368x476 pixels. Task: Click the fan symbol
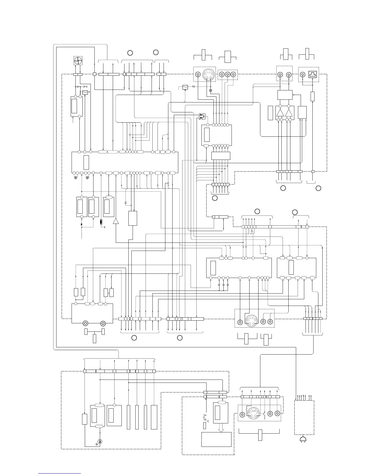78,61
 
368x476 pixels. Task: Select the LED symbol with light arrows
100,441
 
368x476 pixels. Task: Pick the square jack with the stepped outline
314,75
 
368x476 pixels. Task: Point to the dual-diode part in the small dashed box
201,116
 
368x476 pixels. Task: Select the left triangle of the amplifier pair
280,113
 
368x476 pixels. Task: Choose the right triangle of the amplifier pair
289,113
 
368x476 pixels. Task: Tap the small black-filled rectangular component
101,222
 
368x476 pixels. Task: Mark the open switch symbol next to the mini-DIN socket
264,413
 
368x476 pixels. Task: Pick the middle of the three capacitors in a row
223,284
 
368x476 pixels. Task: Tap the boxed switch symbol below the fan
85,92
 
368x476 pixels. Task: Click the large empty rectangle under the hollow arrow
216,439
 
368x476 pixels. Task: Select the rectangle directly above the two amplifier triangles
285,95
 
